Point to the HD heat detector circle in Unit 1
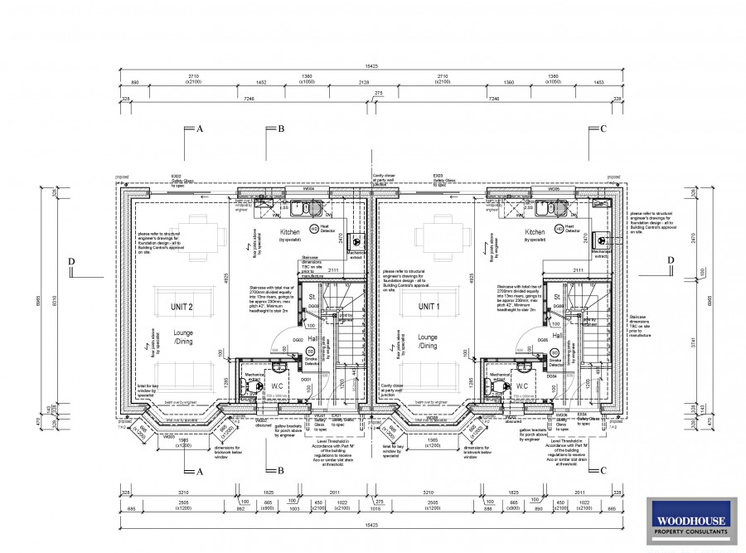coord(559,227)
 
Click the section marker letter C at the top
coord(603,129)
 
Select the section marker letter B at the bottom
coord(281,471)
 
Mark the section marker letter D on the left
coord(72,263)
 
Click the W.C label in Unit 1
coord(522,386)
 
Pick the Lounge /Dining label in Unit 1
coord(428,342)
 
